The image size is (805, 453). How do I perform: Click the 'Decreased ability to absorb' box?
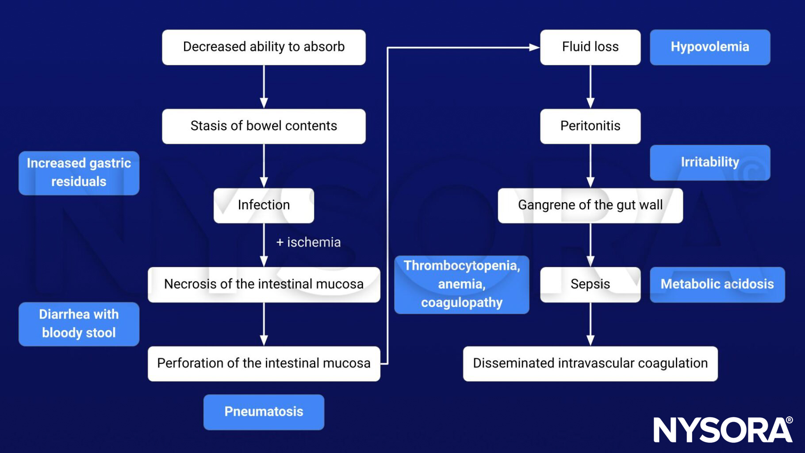[x=264, y=47]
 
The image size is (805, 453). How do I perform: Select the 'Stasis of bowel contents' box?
[x=264, y=126]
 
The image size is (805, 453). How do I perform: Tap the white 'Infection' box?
[x=264, y=205]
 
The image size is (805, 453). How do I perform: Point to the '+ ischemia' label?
[x=308, y=242]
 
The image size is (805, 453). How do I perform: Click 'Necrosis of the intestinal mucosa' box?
[x=264, y=284]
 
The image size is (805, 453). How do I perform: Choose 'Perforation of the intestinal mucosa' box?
[x=264, y=363]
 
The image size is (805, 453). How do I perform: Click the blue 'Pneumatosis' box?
[x=264, y=412]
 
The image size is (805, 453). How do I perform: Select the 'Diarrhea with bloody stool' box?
[x=79, y=324]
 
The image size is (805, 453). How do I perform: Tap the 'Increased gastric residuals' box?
[x=79, y=173]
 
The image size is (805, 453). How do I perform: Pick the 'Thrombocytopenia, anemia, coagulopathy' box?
[x=461, y=284]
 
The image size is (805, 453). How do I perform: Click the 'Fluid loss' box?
[x=590, y=47]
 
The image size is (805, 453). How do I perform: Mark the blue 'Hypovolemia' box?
[x=709, y=47]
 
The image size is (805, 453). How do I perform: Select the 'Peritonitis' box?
[x=590, y=126]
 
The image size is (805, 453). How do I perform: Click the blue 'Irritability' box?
[x=709, y=162]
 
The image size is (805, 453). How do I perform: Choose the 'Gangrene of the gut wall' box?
[x=590, y=205]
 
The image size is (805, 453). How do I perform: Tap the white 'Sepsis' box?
[x=590, y=284]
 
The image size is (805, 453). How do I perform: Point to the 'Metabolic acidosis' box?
[x=717, y=284]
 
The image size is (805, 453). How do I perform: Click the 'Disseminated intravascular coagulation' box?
[x=590, y=363]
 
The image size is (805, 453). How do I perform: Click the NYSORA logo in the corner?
[x=723, y=429]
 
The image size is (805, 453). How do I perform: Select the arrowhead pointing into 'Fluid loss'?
[x=534, y=47]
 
